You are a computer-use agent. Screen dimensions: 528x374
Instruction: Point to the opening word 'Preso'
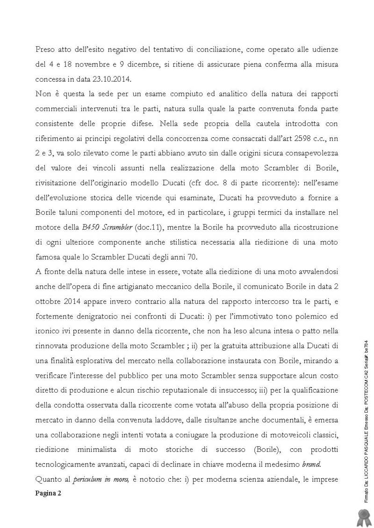tap(45, 49)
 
